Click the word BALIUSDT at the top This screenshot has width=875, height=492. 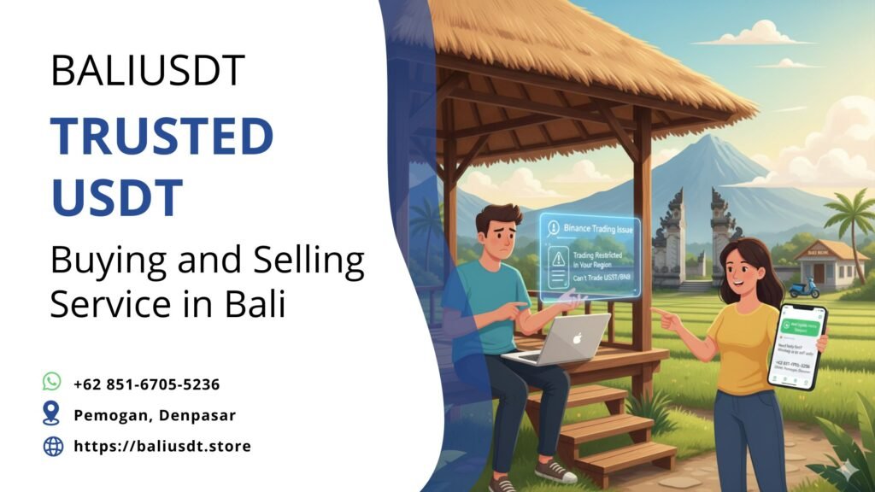(x=148, y=70)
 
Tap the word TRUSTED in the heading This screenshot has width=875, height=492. (x=161, y=137)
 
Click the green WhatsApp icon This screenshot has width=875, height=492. (x=52, y=382)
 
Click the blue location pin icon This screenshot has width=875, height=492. (x=52, y=414)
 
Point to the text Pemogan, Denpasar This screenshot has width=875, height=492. (x=154, y=415)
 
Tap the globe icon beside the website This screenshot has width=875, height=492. (x=52, y=446)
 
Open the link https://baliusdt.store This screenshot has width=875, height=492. (x=161, y=446)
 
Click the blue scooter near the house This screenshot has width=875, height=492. (x=803, y=287)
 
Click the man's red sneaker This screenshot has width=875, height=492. (x=555, y=470)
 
